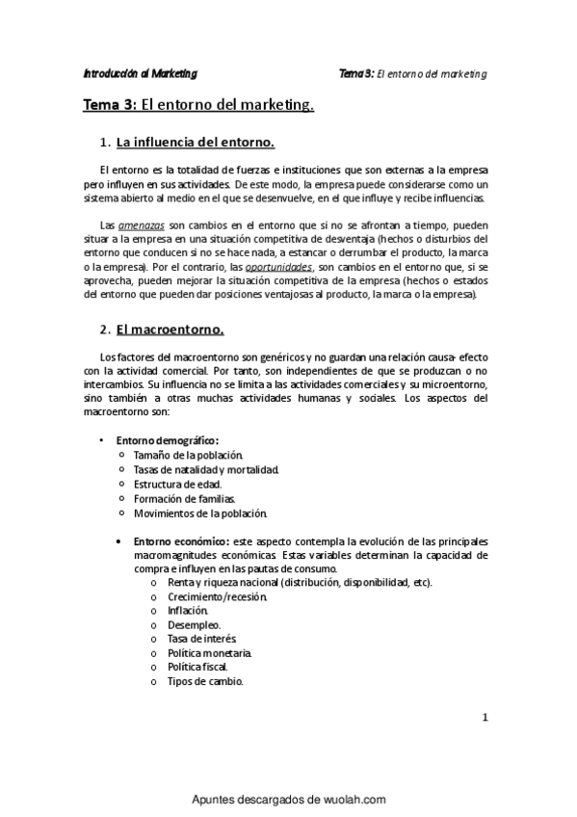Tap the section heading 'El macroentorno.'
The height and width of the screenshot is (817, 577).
click(x=170, y=329)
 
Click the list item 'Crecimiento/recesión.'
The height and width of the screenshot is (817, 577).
click(x=204, y=596)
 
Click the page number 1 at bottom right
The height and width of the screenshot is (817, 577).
click(x=485, y=717)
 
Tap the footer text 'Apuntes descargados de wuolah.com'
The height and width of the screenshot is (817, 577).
click(x=289, y=799)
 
